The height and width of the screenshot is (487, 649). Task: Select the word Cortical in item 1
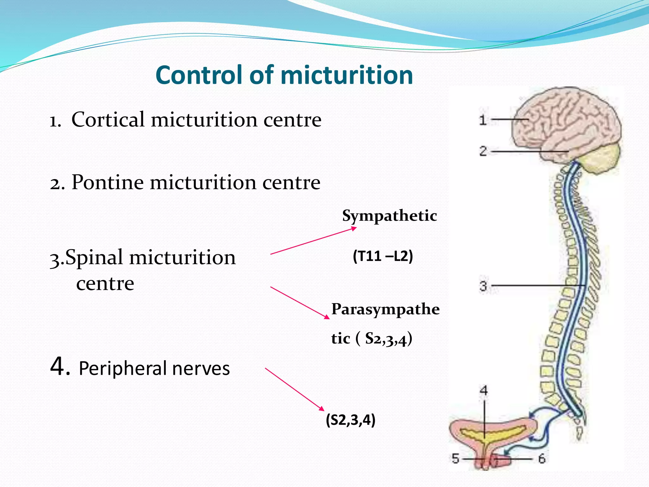tap(108, 120)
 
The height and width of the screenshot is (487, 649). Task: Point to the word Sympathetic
tap(389, 216)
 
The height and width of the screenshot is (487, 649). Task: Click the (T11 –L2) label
tap(383, 256)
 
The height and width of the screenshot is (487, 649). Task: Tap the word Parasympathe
tap(385, 309)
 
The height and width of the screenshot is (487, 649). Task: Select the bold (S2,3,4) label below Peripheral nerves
tap(350, 420)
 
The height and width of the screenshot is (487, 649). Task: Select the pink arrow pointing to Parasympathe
tap(299, 302)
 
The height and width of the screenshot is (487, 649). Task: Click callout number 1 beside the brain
tap(483, 120)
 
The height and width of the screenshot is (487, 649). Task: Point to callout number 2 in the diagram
tap(483, 151)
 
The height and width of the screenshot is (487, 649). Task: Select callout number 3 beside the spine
tap(483, 286)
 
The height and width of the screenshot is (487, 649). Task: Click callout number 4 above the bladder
tap(484, 390)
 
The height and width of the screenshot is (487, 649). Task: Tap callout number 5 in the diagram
tap(455, 458)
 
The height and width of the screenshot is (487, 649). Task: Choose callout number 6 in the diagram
tap(542, 458)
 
